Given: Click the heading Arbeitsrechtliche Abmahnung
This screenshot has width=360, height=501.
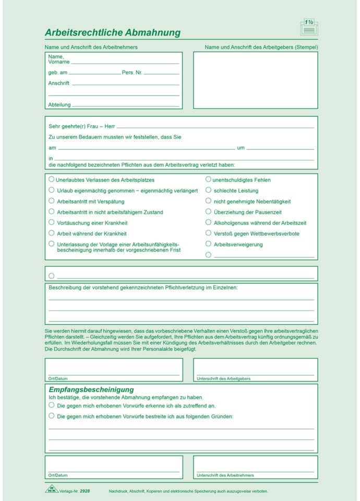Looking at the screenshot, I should click(113, 33).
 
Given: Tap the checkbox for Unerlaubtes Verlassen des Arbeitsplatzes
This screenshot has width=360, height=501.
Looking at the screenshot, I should click(51, 179).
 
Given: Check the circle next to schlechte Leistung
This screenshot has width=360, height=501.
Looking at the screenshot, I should click(208, 190).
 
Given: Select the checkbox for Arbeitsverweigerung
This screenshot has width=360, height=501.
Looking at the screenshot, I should click(208, 244).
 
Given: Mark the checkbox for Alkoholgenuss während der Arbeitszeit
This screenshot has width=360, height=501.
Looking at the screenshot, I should click(208, 222).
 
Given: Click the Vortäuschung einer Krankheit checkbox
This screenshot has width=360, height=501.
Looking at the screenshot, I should click(51, 222).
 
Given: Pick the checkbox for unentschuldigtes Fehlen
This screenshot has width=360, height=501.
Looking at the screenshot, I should click(208, 179).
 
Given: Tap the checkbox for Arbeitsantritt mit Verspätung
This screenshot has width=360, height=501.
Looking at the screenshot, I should click(51, 200).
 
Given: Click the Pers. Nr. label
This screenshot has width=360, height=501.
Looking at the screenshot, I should click(132, 73).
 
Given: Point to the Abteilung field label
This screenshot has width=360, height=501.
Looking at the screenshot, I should click(59, 104).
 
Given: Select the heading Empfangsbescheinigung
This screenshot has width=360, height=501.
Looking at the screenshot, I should click(91, 389).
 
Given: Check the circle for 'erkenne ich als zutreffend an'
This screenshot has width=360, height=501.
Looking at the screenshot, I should click(51, 405).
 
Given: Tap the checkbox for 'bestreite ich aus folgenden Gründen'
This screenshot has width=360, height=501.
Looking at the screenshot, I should click(51, 416).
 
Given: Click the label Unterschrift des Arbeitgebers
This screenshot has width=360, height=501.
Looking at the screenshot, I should click(223, 378).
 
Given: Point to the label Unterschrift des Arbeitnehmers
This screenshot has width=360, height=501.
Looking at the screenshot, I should click(225, 475).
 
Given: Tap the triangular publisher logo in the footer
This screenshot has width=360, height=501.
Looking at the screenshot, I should click(52, 490).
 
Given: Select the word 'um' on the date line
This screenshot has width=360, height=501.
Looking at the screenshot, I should click(241, 148).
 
